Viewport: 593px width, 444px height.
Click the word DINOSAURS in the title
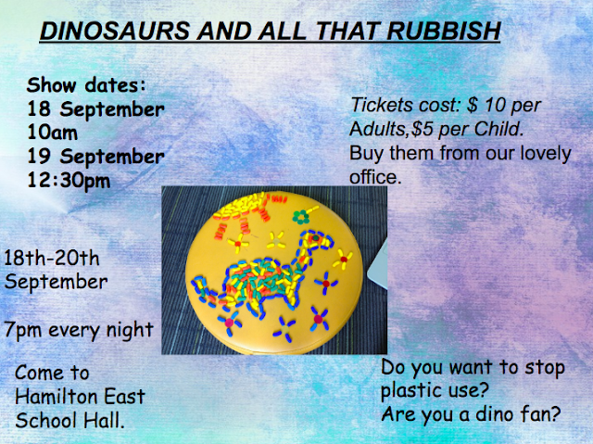(115, 31)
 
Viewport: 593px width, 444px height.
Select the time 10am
(53, 133)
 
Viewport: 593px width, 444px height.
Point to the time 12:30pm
(69, 181)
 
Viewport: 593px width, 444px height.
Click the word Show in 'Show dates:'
(52, 84)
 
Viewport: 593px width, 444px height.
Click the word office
(374, 177)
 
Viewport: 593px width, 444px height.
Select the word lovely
(546, 154)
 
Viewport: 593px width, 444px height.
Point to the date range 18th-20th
(52, 259)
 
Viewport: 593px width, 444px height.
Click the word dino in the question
(496, 414)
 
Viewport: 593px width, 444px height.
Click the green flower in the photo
(300, 217)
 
